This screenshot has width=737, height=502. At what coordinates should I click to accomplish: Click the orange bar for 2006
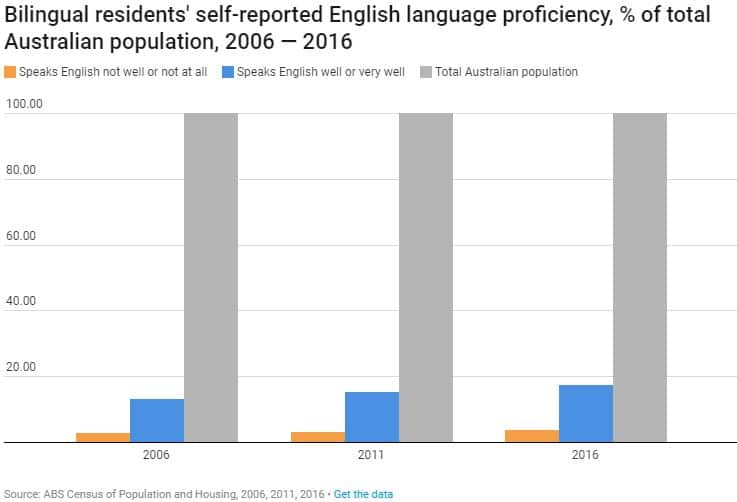point(103,437)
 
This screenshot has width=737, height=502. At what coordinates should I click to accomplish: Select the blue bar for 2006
point(157,420)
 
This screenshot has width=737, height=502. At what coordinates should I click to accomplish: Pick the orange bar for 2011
point(318,437)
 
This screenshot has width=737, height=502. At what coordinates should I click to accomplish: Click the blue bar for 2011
point(372,417)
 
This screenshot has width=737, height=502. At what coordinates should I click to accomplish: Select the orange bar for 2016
point(532,436)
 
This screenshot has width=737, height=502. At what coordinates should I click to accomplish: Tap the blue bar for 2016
point(586,413)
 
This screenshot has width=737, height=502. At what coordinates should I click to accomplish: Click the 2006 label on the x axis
point(157,455)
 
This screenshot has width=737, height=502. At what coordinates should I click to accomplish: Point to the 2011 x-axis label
point(372,455)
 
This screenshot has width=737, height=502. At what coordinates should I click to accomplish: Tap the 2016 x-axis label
point(586,455)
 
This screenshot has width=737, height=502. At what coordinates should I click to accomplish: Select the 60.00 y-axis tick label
point(21,236)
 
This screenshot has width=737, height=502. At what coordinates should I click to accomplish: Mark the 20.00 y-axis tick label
point(21,367)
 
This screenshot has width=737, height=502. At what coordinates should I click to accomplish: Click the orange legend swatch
point(10,72)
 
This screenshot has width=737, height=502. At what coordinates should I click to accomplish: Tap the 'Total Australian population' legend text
point(506,72)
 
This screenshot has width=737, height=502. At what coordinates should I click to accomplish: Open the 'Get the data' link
point(363,494)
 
